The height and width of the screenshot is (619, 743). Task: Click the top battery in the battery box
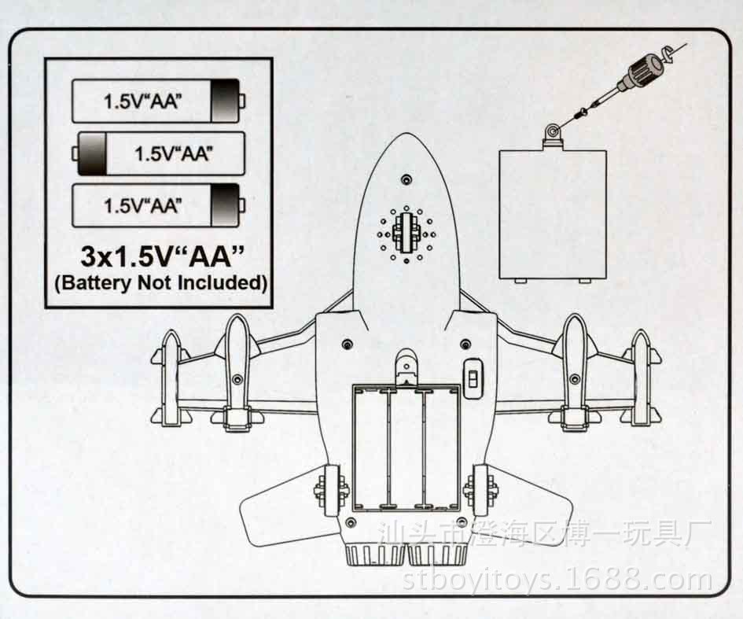pyautogui.click(x=158, y=101)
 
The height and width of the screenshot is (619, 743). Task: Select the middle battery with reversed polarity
pyautogui.click(x=158, y=153)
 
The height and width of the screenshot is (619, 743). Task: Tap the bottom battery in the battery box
pyautogui.click(x=158, y=205)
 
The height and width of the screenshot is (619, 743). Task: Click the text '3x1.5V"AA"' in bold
pyautogui.click(x=162, y=256)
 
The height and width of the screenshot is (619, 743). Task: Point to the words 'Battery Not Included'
pyautogui.click(x=161, y=283)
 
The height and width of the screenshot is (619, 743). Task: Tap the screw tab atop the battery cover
pyautogui.click(x=553, y=134)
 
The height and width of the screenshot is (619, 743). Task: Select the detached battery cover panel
pyautogui.click(x=553, y=214)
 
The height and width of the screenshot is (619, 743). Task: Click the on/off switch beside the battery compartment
pyautogui.click(x=472, y=378)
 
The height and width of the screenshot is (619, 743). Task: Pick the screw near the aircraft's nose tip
pyautogui.click(x=406, y=180)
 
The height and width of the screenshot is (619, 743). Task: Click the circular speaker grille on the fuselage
pyautogui.click(x=406, y=234)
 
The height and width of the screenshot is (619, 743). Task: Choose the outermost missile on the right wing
pyautogui.click(x=642, y=378)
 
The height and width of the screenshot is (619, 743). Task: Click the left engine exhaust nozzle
pyautogui.click(x=375, y=555)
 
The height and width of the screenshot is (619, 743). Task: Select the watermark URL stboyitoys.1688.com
pyautogui.click(x=557, y=580)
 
